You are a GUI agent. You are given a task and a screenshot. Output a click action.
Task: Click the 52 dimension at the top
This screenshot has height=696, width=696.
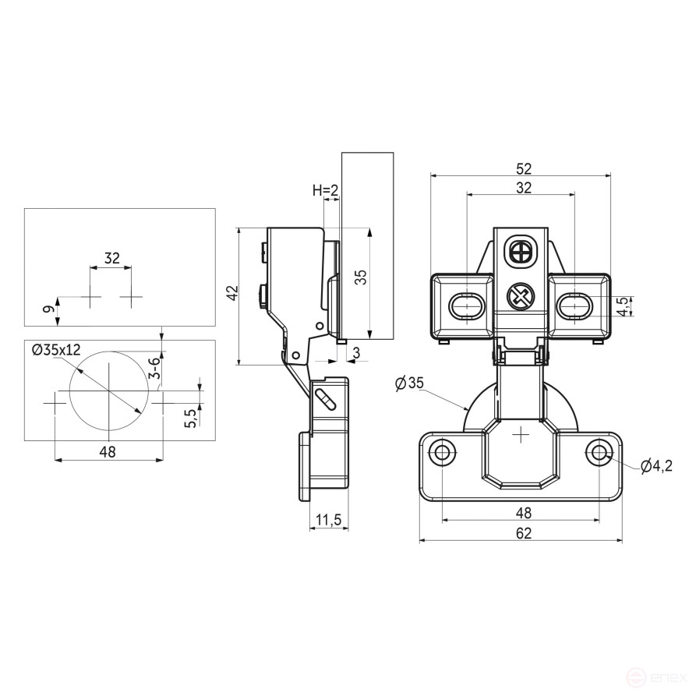coord(524,168)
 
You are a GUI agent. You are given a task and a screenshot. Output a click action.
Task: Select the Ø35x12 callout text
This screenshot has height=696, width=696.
coord(56,350)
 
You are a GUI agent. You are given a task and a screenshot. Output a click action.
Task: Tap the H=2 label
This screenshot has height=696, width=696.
coord(325,190)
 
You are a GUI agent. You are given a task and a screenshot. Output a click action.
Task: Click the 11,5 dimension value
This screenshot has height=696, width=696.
coord(329,519)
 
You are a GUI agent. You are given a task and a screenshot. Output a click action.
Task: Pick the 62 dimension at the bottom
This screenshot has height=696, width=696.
coord(524,533)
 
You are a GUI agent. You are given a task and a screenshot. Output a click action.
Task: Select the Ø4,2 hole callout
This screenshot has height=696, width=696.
coord(656,466)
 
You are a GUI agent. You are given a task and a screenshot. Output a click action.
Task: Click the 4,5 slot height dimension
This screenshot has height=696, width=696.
coord(624,307)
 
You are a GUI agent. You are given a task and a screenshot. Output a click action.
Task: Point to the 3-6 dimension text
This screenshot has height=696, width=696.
coord(154,368)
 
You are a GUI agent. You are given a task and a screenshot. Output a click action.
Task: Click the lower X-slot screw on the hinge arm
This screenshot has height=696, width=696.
coord(520,295)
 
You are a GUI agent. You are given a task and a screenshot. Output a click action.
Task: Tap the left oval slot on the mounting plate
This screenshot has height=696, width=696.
coord(467,306)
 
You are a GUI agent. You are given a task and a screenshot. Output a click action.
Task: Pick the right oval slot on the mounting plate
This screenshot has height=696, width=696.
coord(575,306)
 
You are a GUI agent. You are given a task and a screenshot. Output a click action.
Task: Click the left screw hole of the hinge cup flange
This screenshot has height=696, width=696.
coord(442,453)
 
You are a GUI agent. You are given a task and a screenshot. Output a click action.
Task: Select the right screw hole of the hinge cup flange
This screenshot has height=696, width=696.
coord(599,453)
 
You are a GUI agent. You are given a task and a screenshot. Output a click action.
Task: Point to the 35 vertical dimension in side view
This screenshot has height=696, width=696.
coord(362,277)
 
